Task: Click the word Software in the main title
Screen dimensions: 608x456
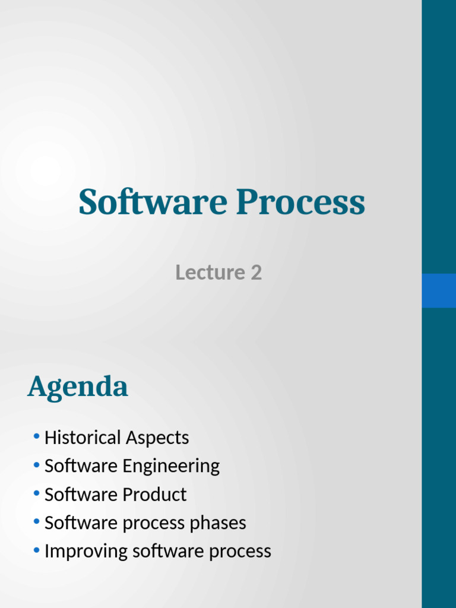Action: (x=152, y=202)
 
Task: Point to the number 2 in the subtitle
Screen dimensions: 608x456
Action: (x=256, y=273)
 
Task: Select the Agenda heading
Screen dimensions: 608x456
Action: (x=78, y=388)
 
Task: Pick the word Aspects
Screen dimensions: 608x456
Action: (x=157, y=438)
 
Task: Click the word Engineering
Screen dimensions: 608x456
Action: (x=171, y=467)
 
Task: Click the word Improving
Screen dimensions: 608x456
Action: (x=86, y=552)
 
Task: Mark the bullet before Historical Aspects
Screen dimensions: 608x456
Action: (x=37, y=437)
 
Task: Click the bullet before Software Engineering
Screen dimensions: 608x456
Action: (x=37, y=465)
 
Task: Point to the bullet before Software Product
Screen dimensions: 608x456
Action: (x=37, y=494)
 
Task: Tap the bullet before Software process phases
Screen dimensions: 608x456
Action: (x=37, y=522)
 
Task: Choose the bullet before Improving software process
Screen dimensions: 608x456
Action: (x=37, y=551)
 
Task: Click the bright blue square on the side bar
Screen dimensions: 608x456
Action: (x=439, y=290)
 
